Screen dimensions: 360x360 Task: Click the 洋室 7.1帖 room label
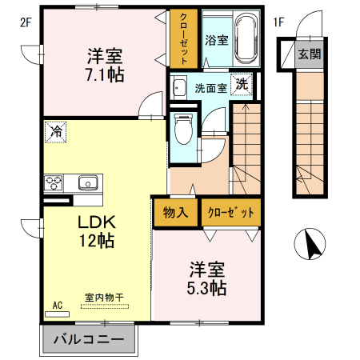(104, 66)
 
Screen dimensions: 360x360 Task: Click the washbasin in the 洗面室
(179, 88)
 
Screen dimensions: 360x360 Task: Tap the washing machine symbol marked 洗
(241, 85)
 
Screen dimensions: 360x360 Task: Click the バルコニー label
(88, 338)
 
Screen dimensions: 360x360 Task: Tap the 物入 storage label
(175, 212)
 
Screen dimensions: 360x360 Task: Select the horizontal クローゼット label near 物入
(231, 212)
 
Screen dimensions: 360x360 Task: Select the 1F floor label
(278, 22)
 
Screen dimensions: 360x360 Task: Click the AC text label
(58, 305)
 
